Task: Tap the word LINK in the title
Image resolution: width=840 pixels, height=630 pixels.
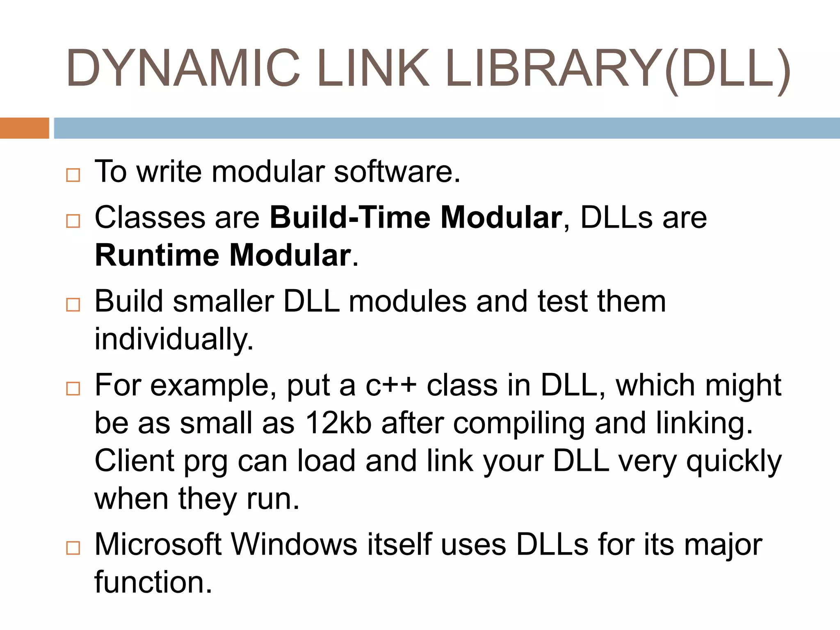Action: pyautogui.click(x=373, y=68)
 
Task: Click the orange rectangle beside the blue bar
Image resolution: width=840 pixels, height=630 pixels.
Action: pyautogui.click(x=24, y=128)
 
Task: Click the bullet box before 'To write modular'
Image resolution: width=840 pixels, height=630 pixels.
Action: pyautogui.click(x=73, y=175)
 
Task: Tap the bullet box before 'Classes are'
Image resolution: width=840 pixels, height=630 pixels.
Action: pyautogui.click(x=73, y=221)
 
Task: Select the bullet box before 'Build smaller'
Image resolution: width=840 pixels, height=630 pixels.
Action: pyautogui.click(x=73, y=305)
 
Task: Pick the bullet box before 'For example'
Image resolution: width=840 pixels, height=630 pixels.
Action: pyautogui.click(x=73, y=388)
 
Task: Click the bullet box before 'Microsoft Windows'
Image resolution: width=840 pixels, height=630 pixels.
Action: pyautogui.click(x=73, y=548)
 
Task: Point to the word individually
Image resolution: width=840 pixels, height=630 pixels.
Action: pyautogui.click(x=174, y=340)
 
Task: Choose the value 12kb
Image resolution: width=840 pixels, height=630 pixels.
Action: pyautogui.click(x=338, y=423)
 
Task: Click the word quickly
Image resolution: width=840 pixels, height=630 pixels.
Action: pyautogui.click(x=734, y=461)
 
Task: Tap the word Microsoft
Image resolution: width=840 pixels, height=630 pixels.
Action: pyautogui.click(x=158, y=545)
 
